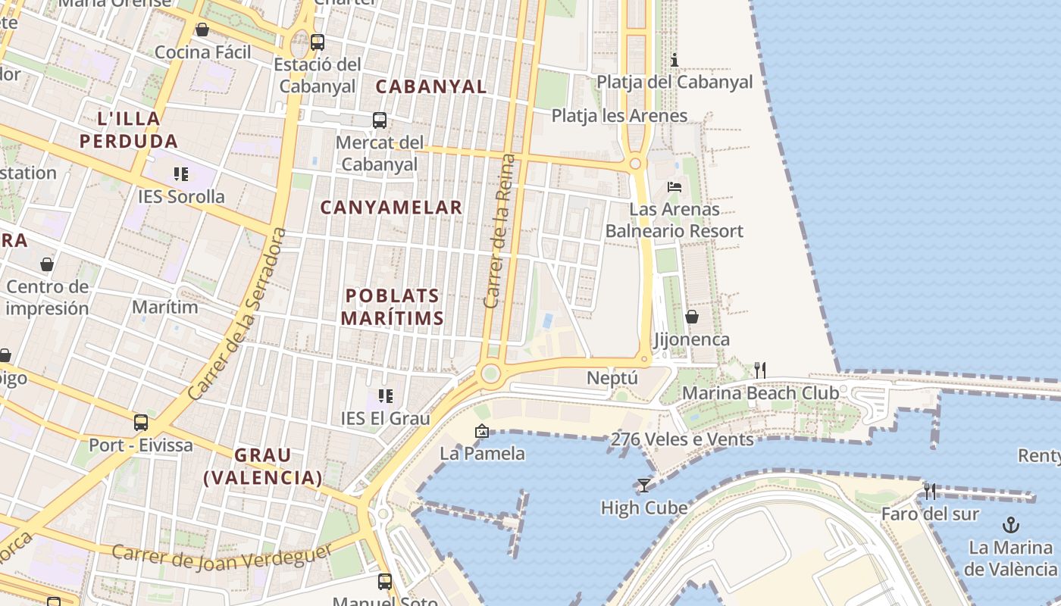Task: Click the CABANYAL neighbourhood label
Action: (431, 86)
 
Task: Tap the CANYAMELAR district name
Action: (391, 208)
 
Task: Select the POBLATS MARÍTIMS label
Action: (392, 307)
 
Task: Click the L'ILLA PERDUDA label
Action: (129, 130)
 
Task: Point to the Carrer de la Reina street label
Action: (500, 231)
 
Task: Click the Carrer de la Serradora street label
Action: (238, 313)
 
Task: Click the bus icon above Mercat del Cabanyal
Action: (380, 120)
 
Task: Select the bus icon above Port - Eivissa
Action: (141, 423)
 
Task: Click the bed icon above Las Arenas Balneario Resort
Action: (674, 186)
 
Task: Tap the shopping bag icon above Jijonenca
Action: (692, 317)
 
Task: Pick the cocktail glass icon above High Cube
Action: (643, 486)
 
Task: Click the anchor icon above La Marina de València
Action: (1010, 524)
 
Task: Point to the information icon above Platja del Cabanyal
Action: (674, 60)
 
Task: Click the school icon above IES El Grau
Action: (386, 396)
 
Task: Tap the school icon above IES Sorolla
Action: (181, 175)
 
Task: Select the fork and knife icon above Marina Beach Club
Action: (760, 370)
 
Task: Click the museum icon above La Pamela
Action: (482, 432)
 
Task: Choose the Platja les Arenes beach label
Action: (619, 116)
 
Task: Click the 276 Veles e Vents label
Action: (682, 439)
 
